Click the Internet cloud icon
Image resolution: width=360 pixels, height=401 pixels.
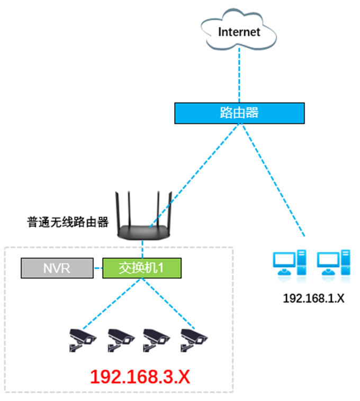239,32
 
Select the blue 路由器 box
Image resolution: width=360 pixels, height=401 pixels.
239,113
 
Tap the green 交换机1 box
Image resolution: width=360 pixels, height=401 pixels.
141,268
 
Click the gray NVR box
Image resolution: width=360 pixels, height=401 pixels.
57,268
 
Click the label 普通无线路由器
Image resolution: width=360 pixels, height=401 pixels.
68,222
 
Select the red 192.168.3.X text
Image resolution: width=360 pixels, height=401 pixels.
140,377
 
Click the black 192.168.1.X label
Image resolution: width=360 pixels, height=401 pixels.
313,298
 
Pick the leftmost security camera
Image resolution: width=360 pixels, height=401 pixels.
83,339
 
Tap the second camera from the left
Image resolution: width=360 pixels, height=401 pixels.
120,339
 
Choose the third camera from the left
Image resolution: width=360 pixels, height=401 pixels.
157,339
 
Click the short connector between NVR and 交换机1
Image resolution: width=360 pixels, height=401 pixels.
97,268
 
